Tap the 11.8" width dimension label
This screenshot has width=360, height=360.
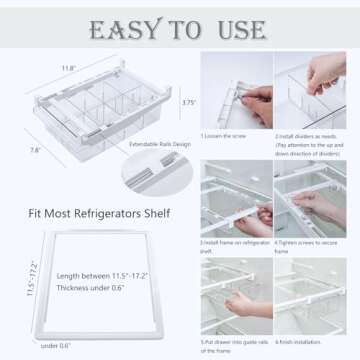pos(68,69)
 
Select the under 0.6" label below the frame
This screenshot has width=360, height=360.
pos(56,346)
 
